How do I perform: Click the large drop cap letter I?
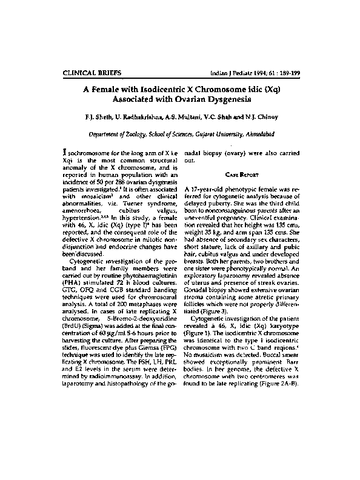[x=66, y=154]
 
